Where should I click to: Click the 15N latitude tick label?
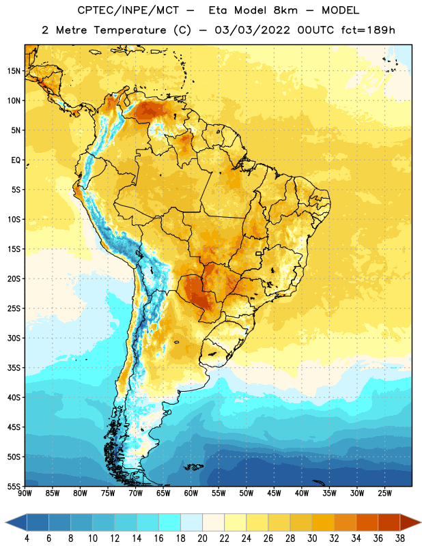click(x=14, y=71)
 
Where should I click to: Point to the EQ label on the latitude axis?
click(x=16, y=160)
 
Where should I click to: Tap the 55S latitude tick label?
click(x=14, y=486)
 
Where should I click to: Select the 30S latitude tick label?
click(x=14, y=338)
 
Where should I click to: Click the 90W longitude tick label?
click(x=25, y=493)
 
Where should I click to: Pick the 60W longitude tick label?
click(x=191, y=493)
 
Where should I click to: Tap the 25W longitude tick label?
click(x=384, y=493)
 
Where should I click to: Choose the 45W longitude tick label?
click(x=275, y=493)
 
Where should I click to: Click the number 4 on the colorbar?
click(x=27, y=538)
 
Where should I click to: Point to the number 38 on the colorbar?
click(x=400, y=538)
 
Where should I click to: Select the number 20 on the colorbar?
click(x=202, y=538)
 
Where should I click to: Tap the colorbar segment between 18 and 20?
click(x=192, y=523)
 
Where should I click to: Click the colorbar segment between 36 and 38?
click(x=389, y=523)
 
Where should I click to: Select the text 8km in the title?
click(x=285, y=10)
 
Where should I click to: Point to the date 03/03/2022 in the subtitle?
click(x=252, y=30)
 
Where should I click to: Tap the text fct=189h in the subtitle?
click(x=368, y=30)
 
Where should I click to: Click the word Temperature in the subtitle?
click(x=130, y=30)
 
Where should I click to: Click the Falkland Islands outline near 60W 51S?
click(x=194, y=467)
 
